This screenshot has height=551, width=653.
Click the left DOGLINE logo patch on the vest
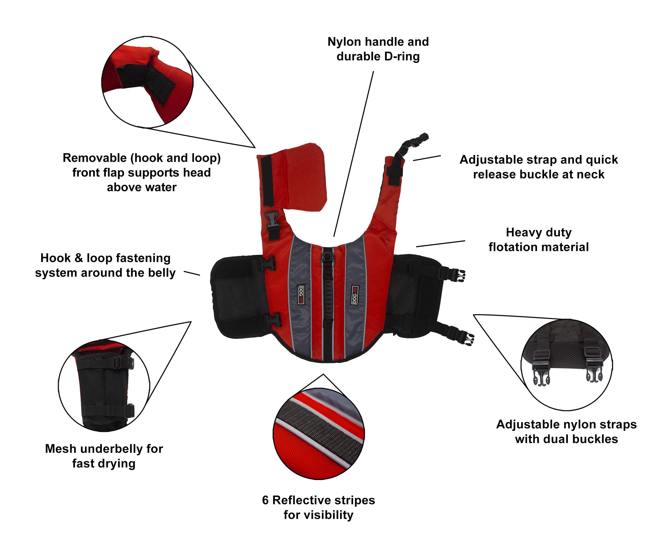pyautogui.click(x=301, y=295)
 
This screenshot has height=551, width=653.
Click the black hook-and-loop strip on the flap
pyautogui.click(x=267, y=181)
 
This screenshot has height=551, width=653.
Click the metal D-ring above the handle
pyautogui.click(x=327, y=257)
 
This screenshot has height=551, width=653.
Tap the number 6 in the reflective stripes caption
pyautogui.click(x=265, y=500)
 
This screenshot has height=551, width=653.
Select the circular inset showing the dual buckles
pyautogui.click(x=566, y=365)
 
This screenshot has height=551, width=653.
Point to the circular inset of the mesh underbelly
pyautogui.click(x=104, y=386)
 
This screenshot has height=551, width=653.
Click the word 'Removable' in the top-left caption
pyautogui.click(x=94, y=158)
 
